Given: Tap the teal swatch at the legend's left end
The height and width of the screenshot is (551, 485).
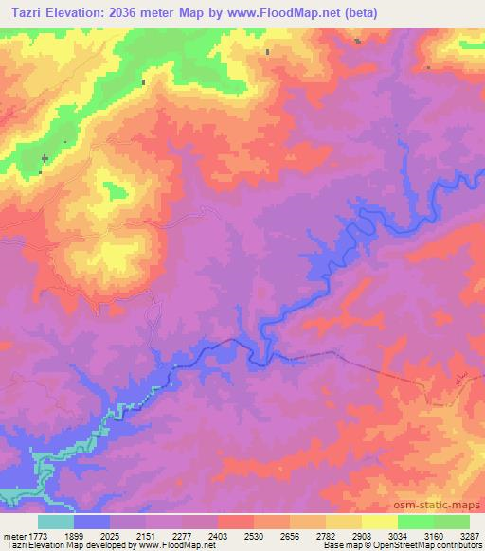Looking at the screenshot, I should click(55, 522).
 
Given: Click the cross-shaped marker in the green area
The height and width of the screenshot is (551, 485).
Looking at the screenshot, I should click(45, 157).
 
